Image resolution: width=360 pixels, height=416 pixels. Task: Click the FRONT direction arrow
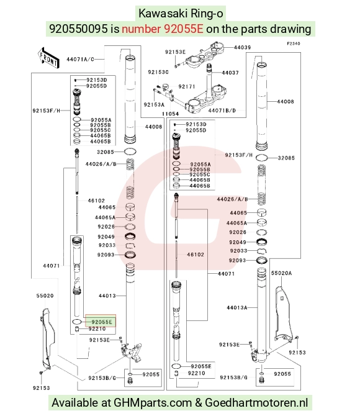pos(48,57)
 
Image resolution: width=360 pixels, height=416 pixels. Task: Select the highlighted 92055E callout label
pos(102,322)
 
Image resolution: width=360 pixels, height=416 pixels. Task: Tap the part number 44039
pos(242,47)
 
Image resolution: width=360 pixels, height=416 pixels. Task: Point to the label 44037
pos(230,73)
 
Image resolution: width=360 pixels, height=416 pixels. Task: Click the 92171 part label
pos(187,86)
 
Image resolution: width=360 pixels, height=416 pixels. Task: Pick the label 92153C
pos(158,72)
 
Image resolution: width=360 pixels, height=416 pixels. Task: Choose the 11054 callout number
pos(170,114)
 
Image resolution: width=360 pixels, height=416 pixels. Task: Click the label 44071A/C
pos(80,59)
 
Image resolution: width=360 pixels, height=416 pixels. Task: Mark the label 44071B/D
pos(222,111)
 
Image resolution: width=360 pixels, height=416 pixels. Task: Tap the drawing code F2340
pos(294,43)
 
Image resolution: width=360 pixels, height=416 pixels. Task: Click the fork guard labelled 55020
pos(47,339)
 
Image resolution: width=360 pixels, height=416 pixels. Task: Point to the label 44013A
pos(237,308)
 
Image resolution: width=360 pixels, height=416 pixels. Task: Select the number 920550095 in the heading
pos(79,29)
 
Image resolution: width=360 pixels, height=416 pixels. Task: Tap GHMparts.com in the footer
pos(153,403)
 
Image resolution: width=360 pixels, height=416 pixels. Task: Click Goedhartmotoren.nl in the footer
pos(256,402)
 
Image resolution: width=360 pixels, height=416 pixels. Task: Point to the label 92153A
pos(154,105)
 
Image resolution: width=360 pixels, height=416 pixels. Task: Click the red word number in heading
pos(141,29)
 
